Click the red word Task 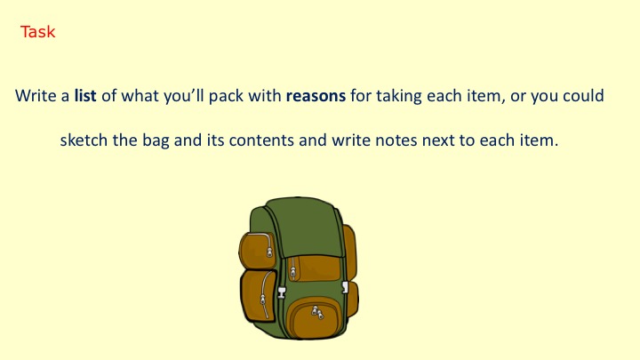tap(37, 32)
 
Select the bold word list tap(85, 95)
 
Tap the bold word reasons tap(316, 96)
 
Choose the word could tap(583, 95)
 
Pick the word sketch tap(84, 140)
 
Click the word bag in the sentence tap(156, 140)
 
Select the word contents tap(261, 140)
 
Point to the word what tap(140, 95)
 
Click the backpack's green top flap tap(310, 227)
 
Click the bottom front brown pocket tap(314, 318)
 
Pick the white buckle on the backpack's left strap tap(282, 292)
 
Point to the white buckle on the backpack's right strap tap(345, 287)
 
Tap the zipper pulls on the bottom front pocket tap(317, 312)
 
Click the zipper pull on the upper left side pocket tap(269, 252)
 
